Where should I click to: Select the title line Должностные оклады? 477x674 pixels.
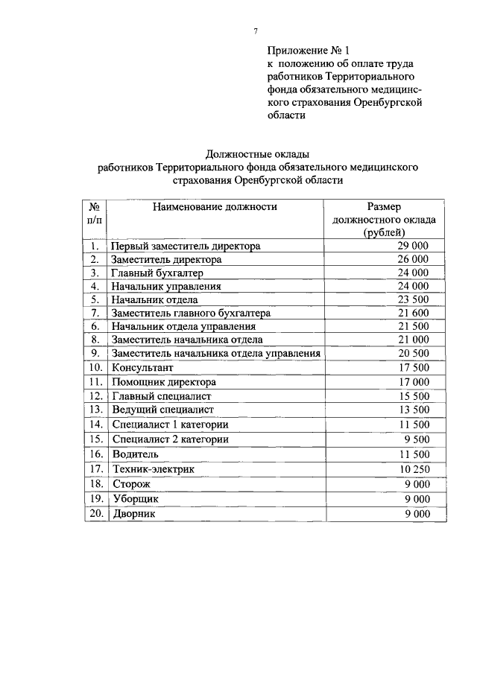[x=257, y=154]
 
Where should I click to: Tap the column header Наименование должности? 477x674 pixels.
[x=215, y=207]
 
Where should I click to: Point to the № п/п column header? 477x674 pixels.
[x=95, y=214]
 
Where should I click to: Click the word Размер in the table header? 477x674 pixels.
[x=384, y=207]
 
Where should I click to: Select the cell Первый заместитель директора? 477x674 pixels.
[x=186, y=246]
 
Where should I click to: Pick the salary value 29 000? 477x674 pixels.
[x=413, y=246]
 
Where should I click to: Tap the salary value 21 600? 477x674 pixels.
[x=413, y=313]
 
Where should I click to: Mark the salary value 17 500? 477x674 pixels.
[x=413, y=367]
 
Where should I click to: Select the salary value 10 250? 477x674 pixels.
[x=413, y=469]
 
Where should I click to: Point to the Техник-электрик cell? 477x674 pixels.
[x=153, y=469]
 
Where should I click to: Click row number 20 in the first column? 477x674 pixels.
[x=95, y=514]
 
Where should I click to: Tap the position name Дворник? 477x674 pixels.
[x=135, y=514]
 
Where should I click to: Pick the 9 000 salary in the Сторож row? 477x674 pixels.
[x=415, y=484]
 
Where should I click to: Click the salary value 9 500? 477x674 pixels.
[x=415, y=439]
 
